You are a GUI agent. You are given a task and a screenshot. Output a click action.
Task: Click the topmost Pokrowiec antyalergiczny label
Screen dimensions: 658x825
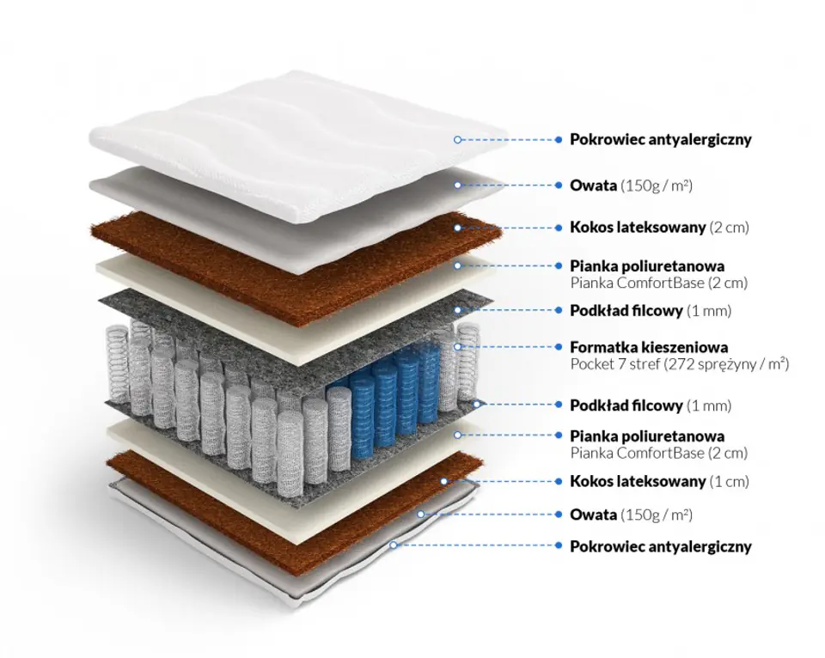tap(660, 139)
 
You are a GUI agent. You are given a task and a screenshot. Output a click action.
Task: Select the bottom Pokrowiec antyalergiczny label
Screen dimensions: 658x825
tap(660, 546)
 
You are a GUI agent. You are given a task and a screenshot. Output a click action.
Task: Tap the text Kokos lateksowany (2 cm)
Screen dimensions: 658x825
tap(659, 228)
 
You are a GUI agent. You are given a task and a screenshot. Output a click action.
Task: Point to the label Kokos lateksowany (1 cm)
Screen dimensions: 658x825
tap(659, 481)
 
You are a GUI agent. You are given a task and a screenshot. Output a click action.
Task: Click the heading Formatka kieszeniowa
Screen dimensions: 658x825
tap(649, 348)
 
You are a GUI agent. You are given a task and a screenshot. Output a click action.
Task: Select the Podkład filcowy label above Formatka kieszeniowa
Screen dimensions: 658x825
tap(651, 310)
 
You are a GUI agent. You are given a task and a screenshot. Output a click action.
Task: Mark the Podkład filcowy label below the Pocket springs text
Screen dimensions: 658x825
tap(651, 405)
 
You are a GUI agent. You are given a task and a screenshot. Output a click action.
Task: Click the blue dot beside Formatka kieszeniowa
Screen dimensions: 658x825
tap(559, 348)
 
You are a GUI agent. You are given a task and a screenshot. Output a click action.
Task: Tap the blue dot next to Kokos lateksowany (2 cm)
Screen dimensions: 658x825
tap(559, 228)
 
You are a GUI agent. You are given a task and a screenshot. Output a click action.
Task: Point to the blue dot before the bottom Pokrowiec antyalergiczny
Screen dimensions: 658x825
tap(559, 546)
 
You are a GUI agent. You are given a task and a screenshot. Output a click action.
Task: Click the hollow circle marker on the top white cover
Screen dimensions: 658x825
tap(458, 139)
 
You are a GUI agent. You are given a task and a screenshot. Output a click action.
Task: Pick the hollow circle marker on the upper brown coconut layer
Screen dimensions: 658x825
tap(458, 228)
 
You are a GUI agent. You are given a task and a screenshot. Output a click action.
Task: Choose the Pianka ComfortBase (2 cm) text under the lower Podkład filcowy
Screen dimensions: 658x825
tap(658, 453)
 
